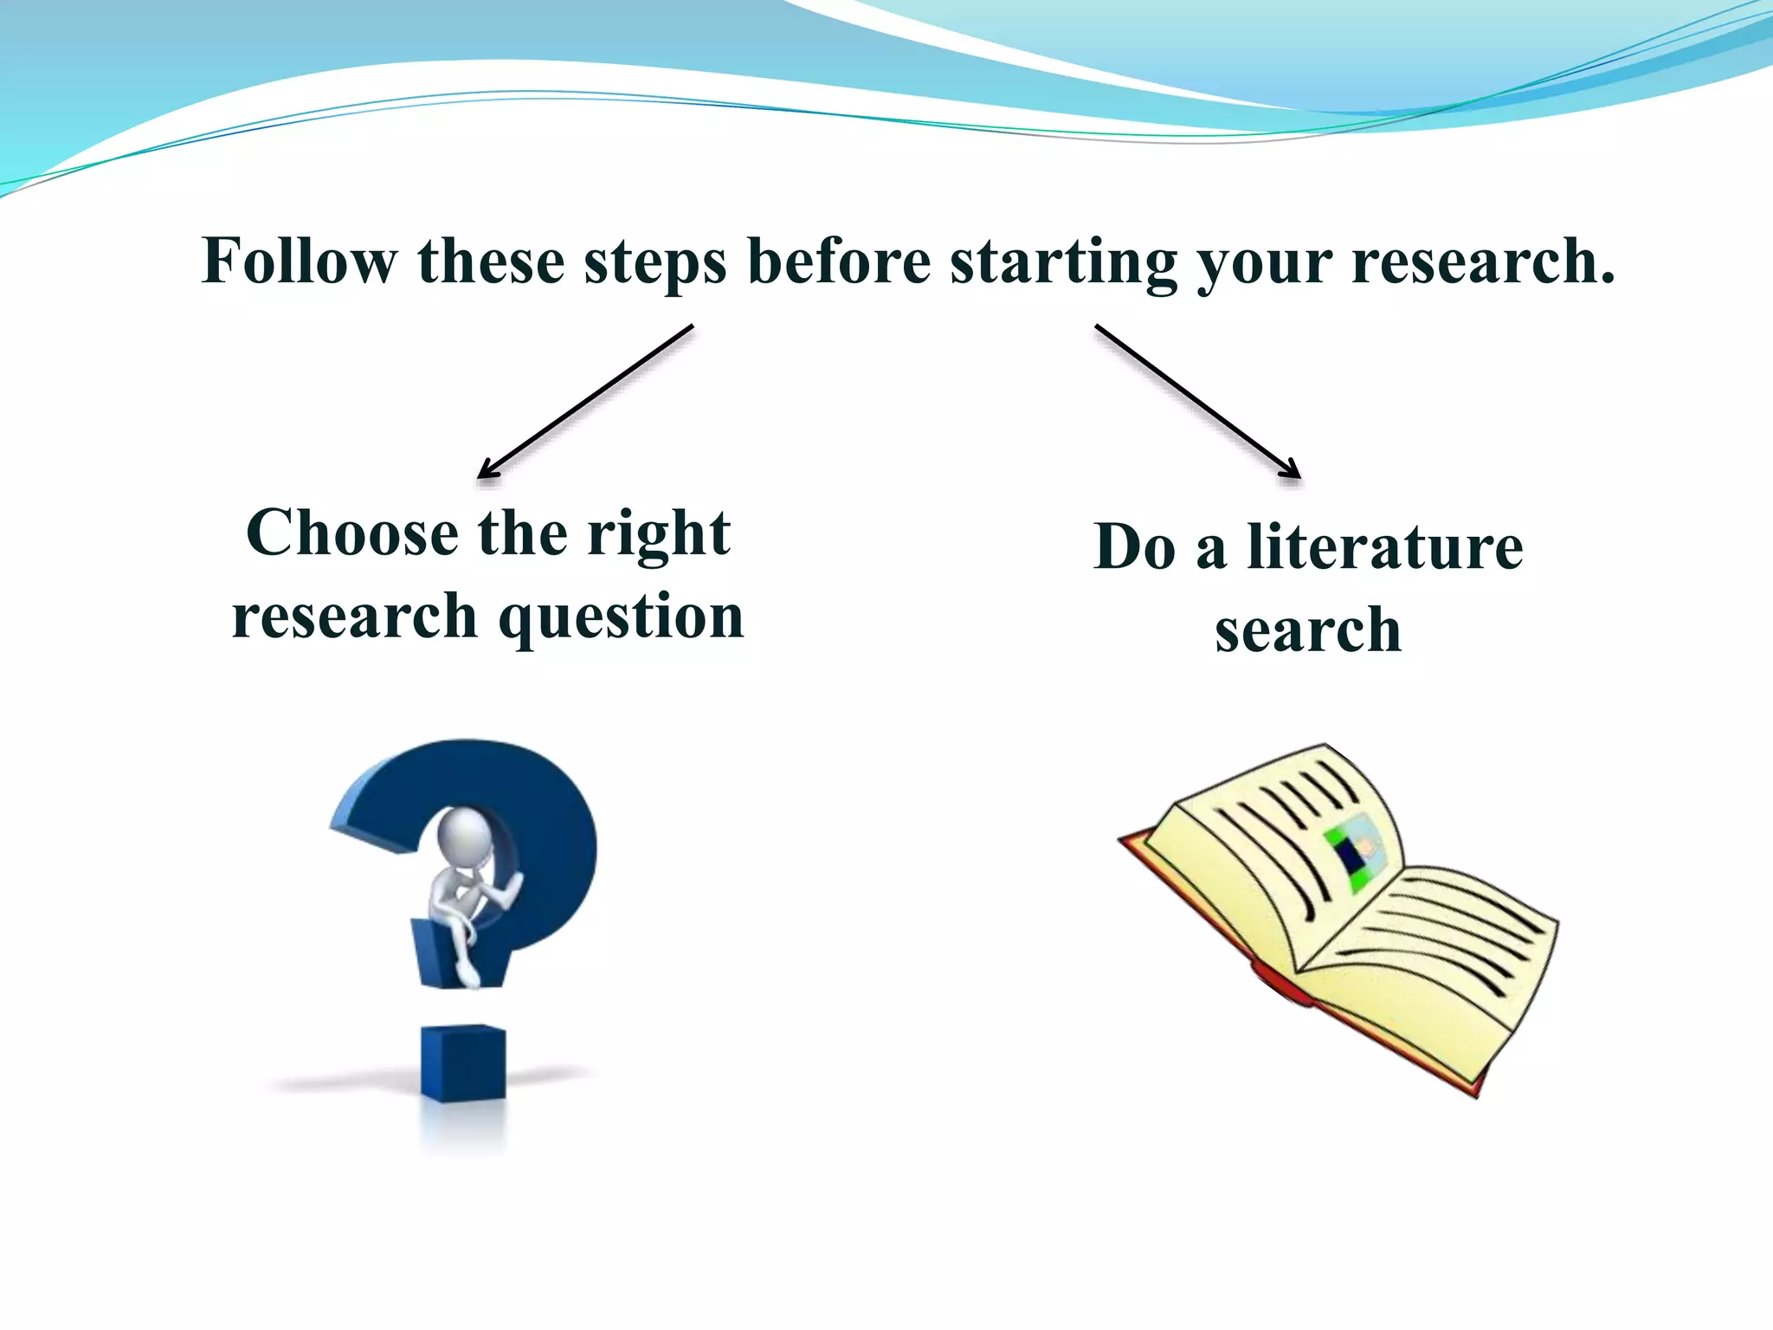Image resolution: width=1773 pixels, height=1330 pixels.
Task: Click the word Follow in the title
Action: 299,261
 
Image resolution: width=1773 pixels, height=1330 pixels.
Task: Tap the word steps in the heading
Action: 655,261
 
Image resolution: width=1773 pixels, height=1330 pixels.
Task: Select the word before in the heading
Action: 839,261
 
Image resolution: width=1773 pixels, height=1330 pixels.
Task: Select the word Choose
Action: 352,533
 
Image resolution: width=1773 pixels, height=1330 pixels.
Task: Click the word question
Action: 622,617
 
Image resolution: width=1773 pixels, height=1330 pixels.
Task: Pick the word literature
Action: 1384,547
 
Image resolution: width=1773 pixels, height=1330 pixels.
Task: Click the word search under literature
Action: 1307,630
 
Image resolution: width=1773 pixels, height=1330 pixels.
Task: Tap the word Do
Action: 1135,547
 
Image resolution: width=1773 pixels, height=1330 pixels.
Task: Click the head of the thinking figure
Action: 465,835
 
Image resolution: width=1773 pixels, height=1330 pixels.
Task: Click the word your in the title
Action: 1265,261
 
